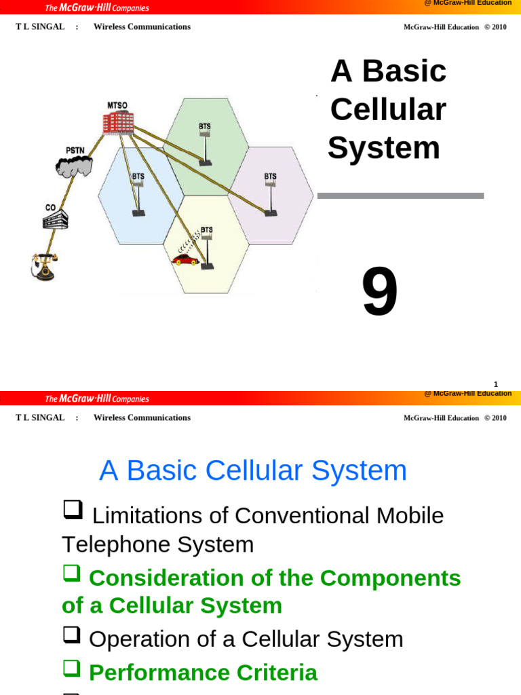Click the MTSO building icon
point(118,122)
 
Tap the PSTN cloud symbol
point(73,165)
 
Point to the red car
point(184,259)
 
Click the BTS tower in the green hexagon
point(205,145)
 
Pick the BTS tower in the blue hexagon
point(138,197)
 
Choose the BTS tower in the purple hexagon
point(271,197)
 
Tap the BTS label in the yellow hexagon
point(206,230)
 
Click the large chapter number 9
point(380,293)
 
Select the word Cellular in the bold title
point(387,109)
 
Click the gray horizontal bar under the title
point(400,195)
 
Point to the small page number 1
point(496,384)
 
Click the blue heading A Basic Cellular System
point(253,470)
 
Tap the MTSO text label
point(117,105)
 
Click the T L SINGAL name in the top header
point(40,26)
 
